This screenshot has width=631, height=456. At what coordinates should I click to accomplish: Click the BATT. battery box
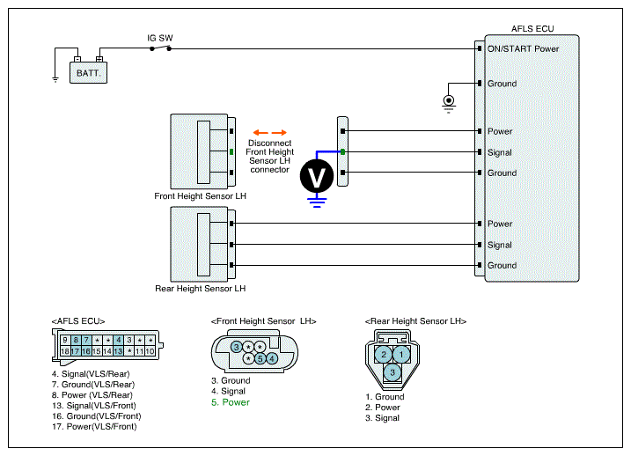(x=88, y=72)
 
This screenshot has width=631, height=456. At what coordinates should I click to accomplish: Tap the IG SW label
(x=160, y=38)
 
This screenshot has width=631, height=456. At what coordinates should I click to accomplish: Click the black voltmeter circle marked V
(x=317, y=176)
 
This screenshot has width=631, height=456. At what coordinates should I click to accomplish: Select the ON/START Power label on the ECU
(x=523, y=48)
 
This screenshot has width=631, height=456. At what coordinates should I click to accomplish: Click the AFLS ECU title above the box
(x=532, y=28)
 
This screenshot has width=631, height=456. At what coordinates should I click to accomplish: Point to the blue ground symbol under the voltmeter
(x=317, y=202)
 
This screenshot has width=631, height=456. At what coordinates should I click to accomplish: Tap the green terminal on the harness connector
(x=342, y=151)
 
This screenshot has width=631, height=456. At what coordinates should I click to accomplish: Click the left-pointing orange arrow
(x=260, y=132)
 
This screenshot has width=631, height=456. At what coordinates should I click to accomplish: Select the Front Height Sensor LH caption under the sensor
(x=200, y=196)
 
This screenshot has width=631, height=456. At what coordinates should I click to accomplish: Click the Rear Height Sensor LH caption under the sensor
(x=200, y=289)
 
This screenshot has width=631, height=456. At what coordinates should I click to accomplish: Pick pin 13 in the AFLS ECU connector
(x=118, y=351)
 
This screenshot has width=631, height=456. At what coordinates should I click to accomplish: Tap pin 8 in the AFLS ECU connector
(x=76, y=340)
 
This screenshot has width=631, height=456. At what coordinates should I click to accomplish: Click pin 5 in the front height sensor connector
(x=260, y=358)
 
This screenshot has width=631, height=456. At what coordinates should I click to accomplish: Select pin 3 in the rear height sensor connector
(x=393, y=372)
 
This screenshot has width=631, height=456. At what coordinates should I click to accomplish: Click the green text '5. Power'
(x=231, y=402)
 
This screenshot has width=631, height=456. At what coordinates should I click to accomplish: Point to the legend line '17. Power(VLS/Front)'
(x=94, y=427)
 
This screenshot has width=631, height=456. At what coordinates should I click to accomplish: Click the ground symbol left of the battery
(x=55, y=79)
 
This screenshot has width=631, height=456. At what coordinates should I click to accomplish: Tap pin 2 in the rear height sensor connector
(x=384, y=354)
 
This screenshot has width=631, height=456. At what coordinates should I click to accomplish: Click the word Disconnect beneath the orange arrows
(x=269, y=143)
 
